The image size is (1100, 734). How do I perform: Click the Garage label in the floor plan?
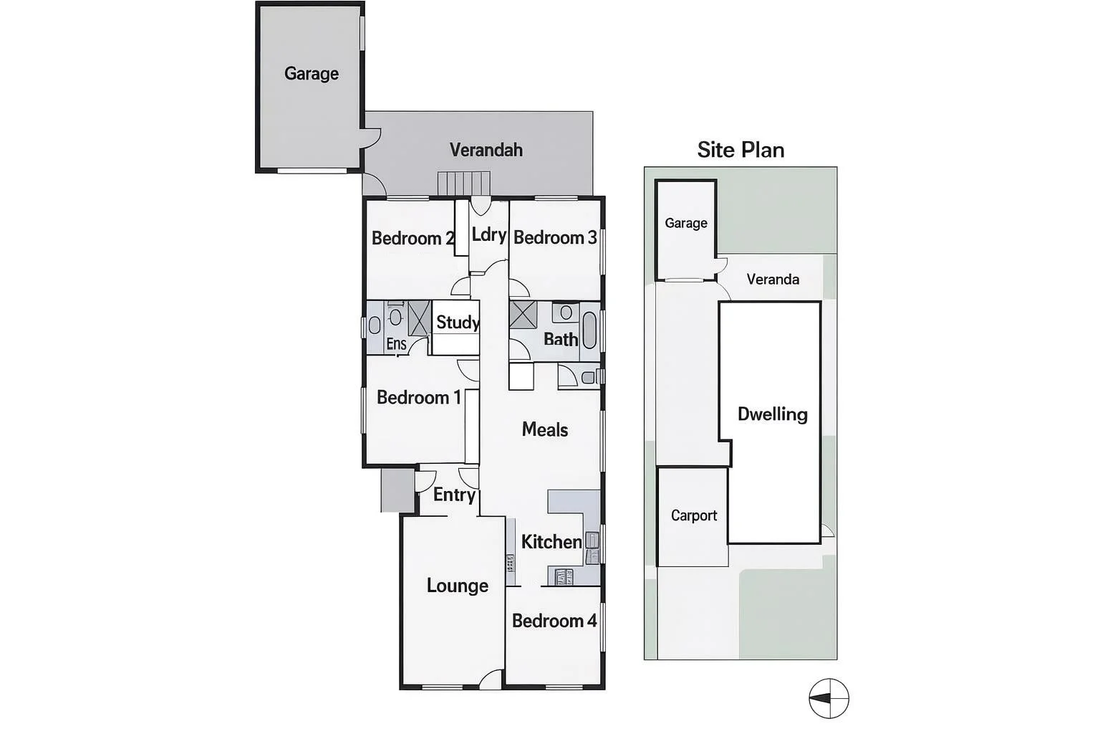(311, 74)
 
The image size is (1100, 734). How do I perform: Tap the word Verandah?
(486, 150)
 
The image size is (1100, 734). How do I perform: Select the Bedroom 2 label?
(412, 238)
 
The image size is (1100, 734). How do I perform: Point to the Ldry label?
(488, 234)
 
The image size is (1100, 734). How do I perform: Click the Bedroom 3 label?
(554, 237)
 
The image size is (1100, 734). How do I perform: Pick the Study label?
(457, 322)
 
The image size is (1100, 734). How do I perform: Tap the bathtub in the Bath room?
(589, 330)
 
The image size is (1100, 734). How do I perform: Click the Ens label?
(396, 344)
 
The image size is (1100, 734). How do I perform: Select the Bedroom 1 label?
(418, 397)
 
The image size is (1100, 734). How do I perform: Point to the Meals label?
(544, 429)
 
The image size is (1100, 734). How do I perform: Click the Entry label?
(454, 495)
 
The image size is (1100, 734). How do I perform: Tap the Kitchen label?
(551, 542)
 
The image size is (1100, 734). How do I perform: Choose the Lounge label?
(457, 586)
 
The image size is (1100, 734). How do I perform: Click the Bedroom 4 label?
(554, 621)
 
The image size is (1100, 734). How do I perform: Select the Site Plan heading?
(740, 150)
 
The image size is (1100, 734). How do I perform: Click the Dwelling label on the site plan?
(772, 414)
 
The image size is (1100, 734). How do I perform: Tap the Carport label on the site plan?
(693, 515)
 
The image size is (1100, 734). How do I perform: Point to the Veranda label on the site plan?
(772, 279)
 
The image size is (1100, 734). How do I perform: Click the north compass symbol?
(829, 698)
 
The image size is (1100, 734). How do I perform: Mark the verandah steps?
(463, 183)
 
